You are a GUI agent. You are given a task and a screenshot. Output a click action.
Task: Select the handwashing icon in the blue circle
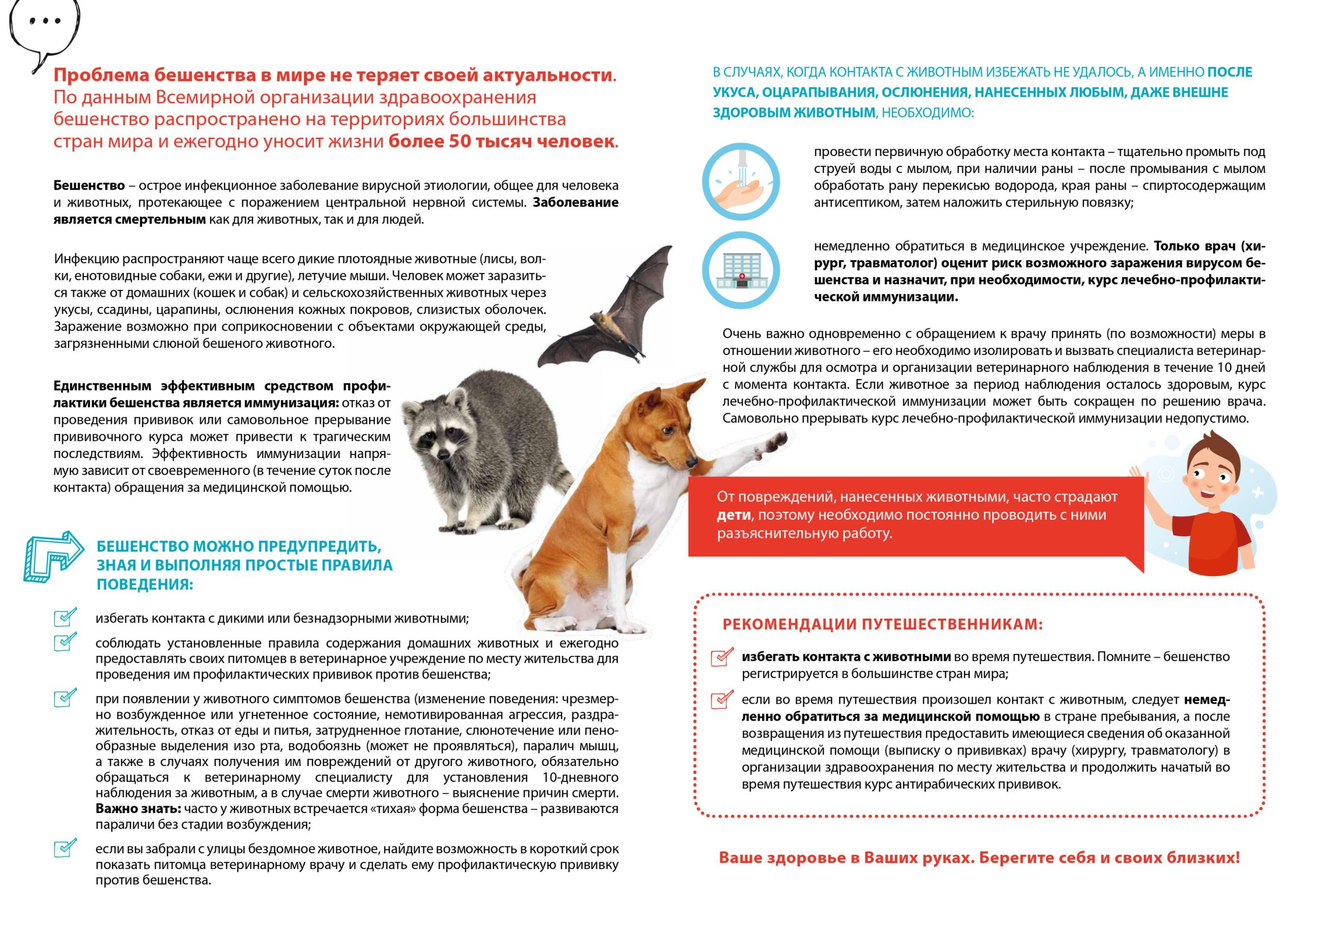click(x=741, y=181)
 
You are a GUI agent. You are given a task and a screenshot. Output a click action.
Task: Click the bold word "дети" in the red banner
click(x=734, y=515)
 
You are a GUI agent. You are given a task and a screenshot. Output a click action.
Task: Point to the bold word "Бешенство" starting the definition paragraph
click(x=89, y=185)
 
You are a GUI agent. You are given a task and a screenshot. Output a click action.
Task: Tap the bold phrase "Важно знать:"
click(x=138, y=809)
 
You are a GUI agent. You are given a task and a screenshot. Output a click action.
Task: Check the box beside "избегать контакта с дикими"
click(x=64, y=618)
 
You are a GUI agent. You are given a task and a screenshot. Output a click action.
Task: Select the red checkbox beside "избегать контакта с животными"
click(x=721, y=657)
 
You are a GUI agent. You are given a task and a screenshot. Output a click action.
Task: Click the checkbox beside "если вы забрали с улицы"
click(x=64, y=849)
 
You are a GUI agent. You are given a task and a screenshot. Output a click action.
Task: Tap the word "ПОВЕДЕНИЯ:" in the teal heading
click(x=145, y=584)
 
